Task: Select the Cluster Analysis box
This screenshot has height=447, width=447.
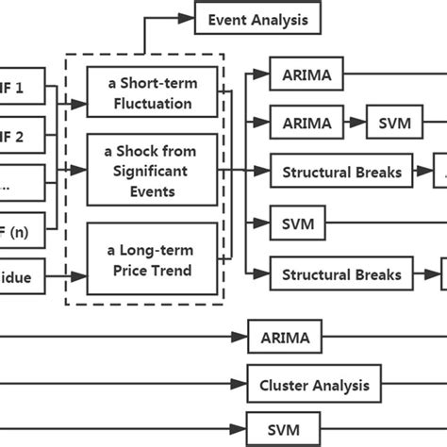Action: point(314,385)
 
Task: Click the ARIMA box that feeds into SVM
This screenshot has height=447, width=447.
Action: point(306,122)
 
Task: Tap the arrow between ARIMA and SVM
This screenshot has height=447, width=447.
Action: point(354,122)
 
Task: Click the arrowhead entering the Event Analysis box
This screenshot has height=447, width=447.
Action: point(190,18)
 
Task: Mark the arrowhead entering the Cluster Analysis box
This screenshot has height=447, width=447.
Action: point(242,385)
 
